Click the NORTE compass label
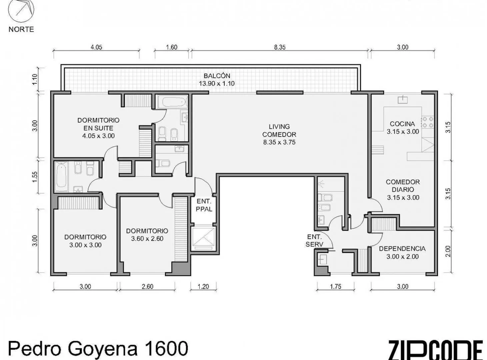pyautogui.click(x=21, y=29)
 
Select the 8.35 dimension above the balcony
pyautogui.click(x=280, y=47)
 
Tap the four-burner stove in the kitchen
pyautogui.click(x=428, y=122)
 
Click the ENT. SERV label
pyautogui.click(x=314, y=241)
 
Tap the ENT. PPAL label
pyautogui.click(x=204, y=205)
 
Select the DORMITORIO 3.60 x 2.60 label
pyautogui.click(x=147, y=235)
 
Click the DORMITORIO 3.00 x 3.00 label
pyautogui.click(x=85, y=241)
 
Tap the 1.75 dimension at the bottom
pyautogui.click(x=336, y=287)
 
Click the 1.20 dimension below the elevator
pyautogui.click(x=203, y=287)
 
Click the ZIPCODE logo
pyautogui.click(x=436, y=349)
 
